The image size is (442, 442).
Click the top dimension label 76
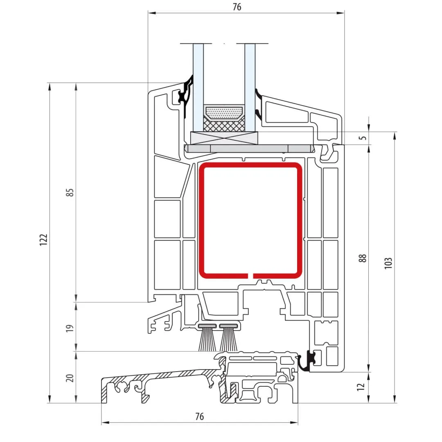click(x=237, y=7)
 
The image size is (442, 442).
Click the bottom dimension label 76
click(x=199, y=416)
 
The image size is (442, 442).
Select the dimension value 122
click(x=44, y=240)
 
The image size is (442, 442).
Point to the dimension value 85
click(x=70, y=192)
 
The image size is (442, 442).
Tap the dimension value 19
click(x=70, y=328)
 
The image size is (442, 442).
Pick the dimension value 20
click(x=70, y=378)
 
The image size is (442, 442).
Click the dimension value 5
click(x=363, y=138)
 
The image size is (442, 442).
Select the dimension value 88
click(x=363, y=258)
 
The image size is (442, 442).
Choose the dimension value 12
click(x=361, y=387)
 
